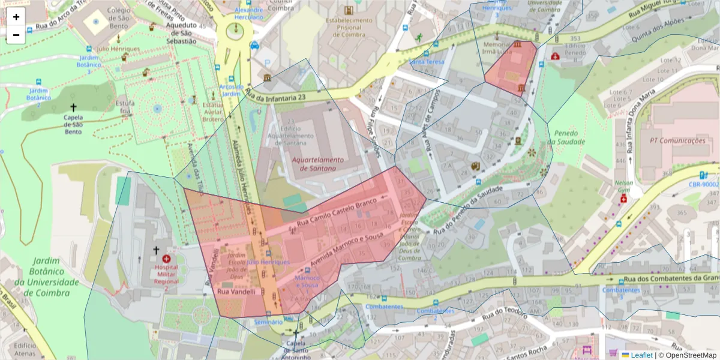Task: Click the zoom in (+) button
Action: pos(16,17)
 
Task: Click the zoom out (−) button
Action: pos(16,35)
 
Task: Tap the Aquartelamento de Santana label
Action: pos(319,164)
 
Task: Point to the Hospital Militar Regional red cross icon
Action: pos(166,259)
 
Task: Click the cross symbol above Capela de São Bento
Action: pos(74,106)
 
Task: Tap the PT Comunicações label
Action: pos(677,140)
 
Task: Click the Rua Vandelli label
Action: pos(236,292)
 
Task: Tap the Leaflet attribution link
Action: pos(641,355)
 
